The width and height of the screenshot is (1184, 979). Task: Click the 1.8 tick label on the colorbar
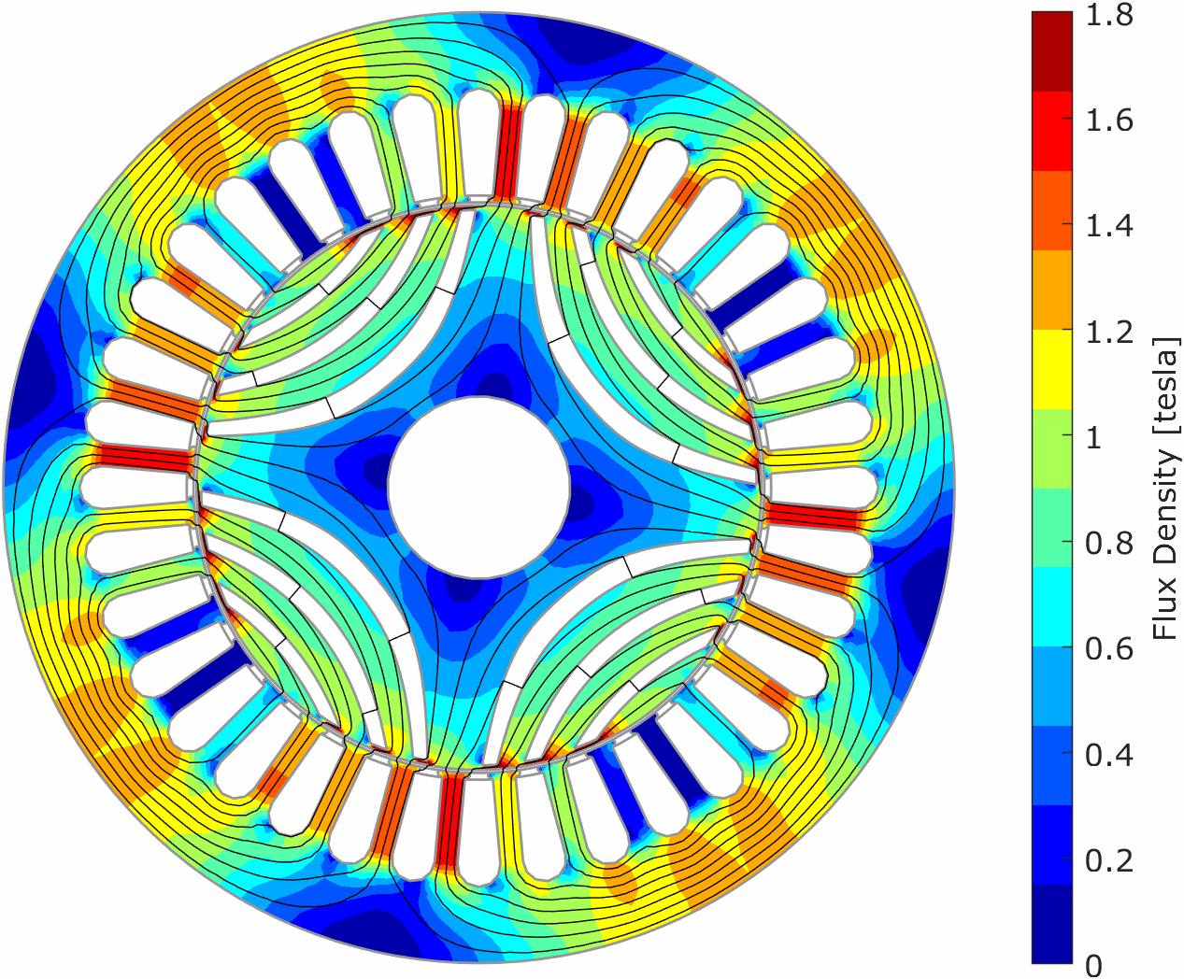coord(1109,15)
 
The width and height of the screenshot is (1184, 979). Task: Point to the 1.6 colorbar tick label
coord(1109,121)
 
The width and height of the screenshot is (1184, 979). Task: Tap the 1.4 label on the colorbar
coord(1109,226)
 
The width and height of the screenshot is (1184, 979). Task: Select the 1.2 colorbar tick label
coord(1109,332)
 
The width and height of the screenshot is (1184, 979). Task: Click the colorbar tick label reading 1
coord(1093,438)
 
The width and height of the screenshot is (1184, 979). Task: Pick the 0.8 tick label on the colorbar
coord(1109,544)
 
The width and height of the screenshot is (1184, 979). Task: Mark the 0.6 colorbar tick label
coord(1109,649)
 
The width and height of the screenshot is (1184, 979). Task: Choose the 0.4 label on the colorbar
coord(1109,756)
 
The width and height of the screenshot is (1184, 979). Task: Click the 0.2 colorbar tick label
coord(1109,861)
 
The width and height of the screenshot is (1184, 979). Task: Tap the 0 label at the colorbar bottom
coord(1094,965)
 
